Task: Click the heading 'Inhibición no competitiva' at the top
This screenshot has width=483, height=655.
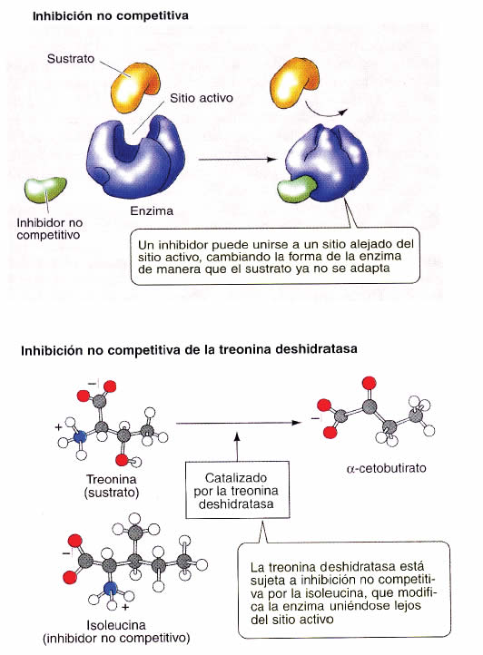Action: click(x=111, y=15)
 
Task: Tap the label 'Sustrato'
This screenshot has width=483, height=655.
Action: click(x=71, y=58)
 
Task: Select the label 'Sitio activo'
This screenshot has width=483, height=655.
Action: click(x=202, y=98)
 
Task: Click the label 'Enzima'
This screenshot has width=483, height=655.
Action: click(x=152, y=210)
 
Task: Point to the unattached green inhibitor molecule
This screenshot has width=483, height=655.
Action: click(x=45, y=190)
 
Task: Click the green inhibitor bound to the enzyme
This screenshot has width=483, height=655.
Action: click(x=296, y=190)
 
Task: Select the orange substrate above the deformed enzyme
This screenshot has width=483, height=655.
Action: click(x=294, y=83)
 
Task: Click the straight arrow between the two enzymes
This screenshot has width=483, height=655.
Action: click(x=238, y=159)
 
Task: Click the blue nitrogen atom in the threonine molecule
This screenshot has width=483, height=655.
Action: click(x=80, y=437)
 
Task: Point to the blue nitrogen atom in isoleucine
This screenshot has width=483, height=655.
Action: click(x=110, y=589)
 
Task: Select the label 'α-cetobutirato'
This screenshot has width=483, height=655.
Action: click(x=387, y=468)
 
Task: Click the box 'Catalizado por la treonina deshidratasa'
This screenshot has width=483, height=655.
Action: click(x=237, y=490)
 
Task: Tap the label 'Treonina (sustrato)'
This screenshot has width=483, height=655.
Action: click(x=112, y=486)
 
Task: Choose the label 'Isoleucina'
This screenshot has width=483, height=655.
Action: click(x=116, y=625)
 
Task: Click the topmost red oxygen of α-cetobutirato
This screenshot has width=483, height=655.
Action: click(x=369, y=383)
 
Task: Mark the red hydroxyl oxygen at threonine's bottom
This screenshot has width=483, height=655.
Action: click(x=122, y=460)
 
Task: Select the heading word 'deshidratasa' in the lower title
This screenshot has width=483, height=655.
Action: click(x=317, y=349)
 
